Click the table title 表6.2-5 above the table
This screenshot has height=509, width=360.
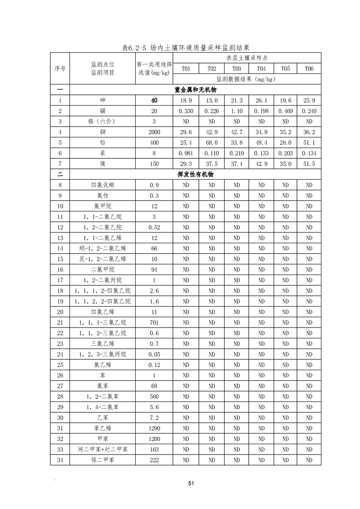186,47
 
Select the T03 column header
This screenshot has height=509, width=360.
236,69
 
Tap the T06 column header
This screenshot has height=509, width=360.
309,69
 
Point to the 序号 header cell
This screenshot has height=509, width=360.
60,69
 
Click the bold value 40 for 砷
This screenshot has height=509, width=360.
154,100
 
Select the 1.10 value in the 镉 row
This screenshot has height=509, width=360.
236,111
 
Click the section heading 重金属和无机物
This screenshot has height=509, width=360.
195,89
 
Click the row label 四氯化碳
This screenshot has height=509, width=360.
103,185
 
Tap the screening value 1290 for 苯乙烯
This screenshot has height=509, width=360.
154,428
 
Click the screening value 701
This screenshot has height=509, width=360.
154,323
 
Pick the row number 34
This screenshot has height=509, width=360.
60,460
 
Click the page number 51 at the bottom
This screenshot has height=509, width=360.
191,484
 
